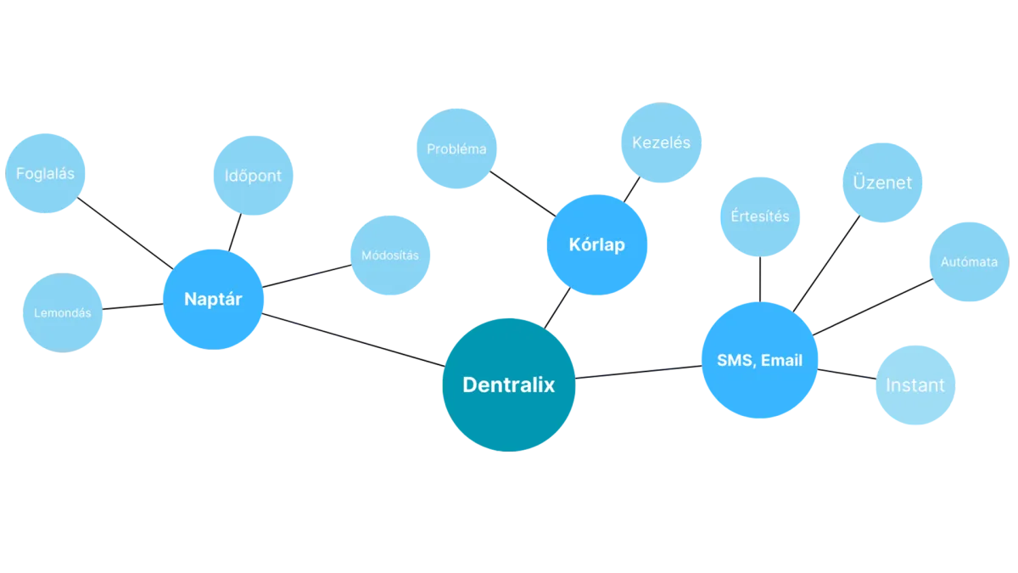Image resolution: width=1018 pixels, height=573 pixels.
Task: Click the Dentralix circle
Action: (x=508, y=385)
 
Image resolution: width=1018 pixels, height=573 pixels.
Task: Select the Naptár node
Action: (x=212, y=299)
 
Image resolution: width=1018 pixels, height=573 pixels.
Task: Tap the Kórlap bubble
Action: (x=596, y=244)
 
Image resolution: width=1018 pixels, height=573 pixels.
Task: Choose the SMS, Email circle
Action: (x=759, y=361)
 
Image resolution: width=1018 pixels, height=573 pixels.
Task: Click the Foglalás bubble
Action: (x=45, y=174)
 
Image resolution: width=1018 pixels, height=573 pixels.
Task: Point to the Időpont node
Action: (x=253, y=176)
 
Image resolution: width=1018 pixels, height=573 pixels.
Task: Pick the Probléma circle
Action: (x=456, y=149)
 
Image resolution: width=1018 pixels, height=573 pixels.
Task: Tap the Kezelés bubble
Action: (x=661, y=142)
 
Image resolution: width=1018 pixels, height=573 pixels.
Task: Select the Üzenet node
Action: (x=882, y=183)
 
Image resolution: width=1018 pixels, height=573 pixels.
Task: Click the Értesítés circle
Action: (x=760, y=216)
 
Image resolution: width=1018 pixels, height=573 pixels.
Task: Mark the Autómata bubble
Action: (x=969, y=261)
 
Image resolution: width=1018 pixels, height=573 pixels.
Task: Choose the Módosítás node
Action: (x=389, y=255)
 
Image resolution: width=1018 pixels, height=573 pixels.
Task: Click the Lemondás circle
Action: (x=62, y=312)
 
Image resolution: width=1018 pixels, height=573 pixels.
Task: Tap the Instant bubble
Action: (x=915, y=385)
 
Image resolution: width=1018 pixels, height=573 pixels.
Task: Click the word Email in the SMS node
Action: (x=781, y=361)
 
